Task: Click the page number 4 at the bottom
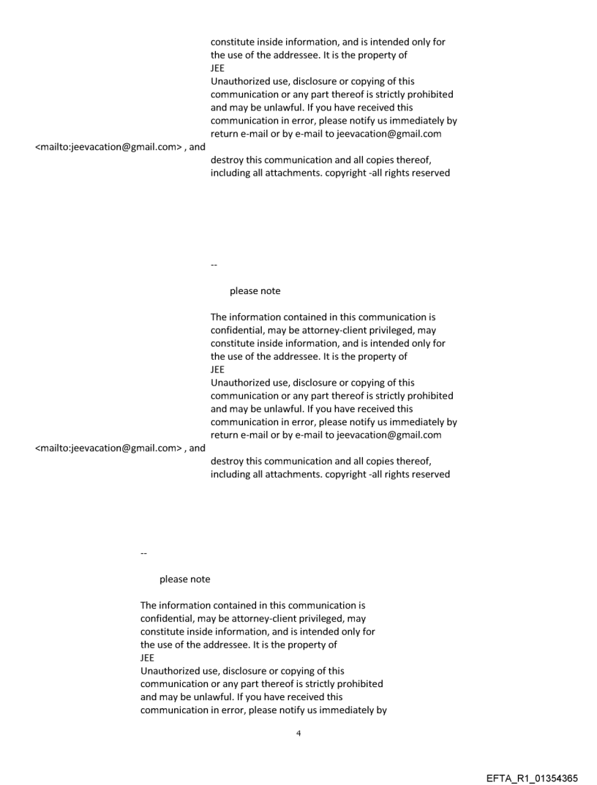click(298, 732)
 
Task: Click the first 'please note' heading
click(255, 291)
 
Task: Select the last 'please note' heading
click(184, 579)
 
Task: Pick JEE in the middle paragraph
click(217, 369)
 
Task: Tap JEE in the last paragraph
click(147, 658)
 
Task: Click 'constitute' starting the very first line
click(234, 42)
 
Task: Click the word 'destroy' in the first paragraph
click(228, 161)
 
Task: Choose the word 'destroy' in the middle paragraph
click(228, 461)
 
